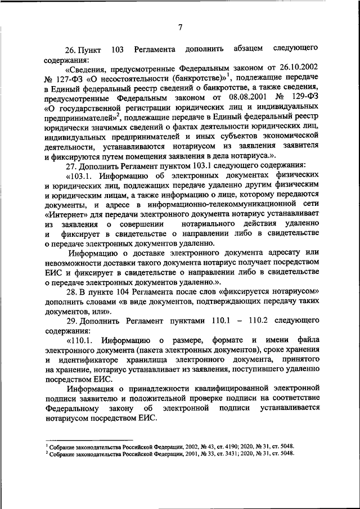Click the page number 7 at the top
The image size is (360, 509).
180,27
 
